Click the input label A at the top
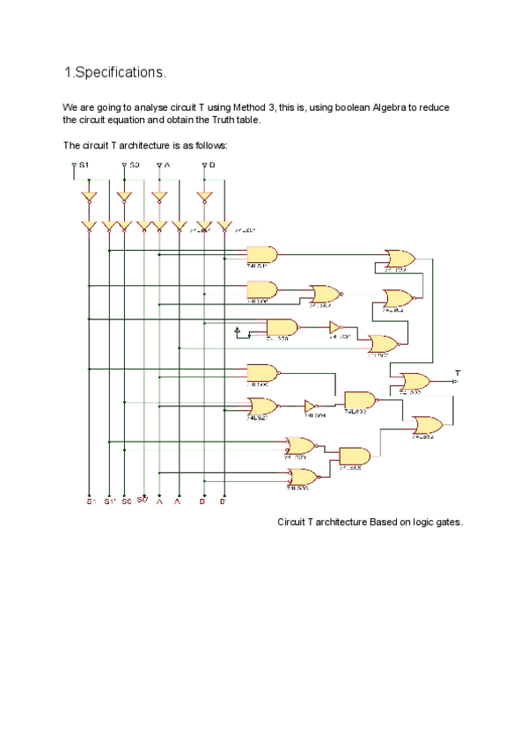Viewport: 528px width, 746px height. point(166,165)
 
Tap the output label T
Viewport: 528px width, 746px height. point(458,372)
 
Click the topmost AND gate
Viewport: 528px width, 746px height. point(262,254)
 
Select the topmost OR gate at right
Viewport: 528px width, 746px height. point(400,258)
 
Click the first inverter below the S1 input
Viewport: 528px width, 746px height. point(89,197)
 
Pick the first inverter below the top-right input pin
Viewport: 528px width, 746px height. point(204,197)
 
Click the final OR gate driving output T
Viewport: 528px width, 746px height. point(414,381)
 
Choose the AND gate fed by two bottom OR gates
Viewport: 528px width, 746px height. point(354,457)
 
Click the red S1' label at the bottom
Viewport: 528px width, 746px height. point(109,501)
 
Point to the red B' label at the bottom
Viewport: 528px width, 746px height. point(223,501)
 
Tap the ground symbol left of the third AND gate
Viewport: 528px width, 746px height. point(237,331)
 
